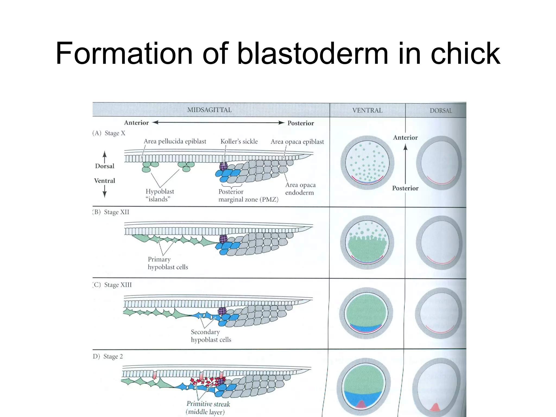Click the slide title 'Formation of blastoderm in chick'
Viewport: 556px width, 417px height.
click(278, 53)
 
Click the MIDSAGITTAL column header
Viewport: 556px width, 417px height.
click(209, 110)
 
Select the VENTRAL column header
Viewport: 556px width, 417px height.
click(367, 110)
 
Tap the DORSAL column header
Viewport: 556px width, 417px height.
click(441, 110)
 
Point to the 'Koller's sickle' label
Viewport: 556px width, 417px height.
click(239, 141)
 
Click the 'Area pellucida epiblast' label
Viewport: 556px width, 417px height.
click(175, 141)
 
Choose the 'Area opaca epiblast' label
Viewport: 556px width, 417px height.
click(297, 142)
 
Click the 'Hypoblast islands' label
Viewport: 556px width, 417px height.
click(160, 195)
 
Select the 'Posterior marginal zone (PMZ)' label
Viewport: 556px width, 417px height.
click(248, 196)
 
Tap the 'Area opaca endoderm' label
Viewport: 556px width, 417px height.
click(300, 189)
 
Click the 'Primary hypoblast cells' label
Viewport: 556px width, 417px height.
click(168, 263)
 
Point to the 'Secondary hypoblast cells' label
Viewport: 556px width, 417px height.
click(211, 336)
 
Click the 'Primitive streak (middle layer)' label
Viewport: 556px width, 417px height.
click(208, 408)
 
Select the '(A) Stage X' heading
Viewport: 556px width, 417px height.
click(109, 133)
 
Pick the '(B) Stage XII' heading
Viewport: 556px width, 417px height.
click(111, 212)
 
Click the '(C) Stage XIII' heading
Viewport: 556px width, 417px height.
click(112, 285)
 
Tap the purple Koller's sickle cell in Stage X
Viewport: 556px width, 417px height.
click(223, 166)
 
